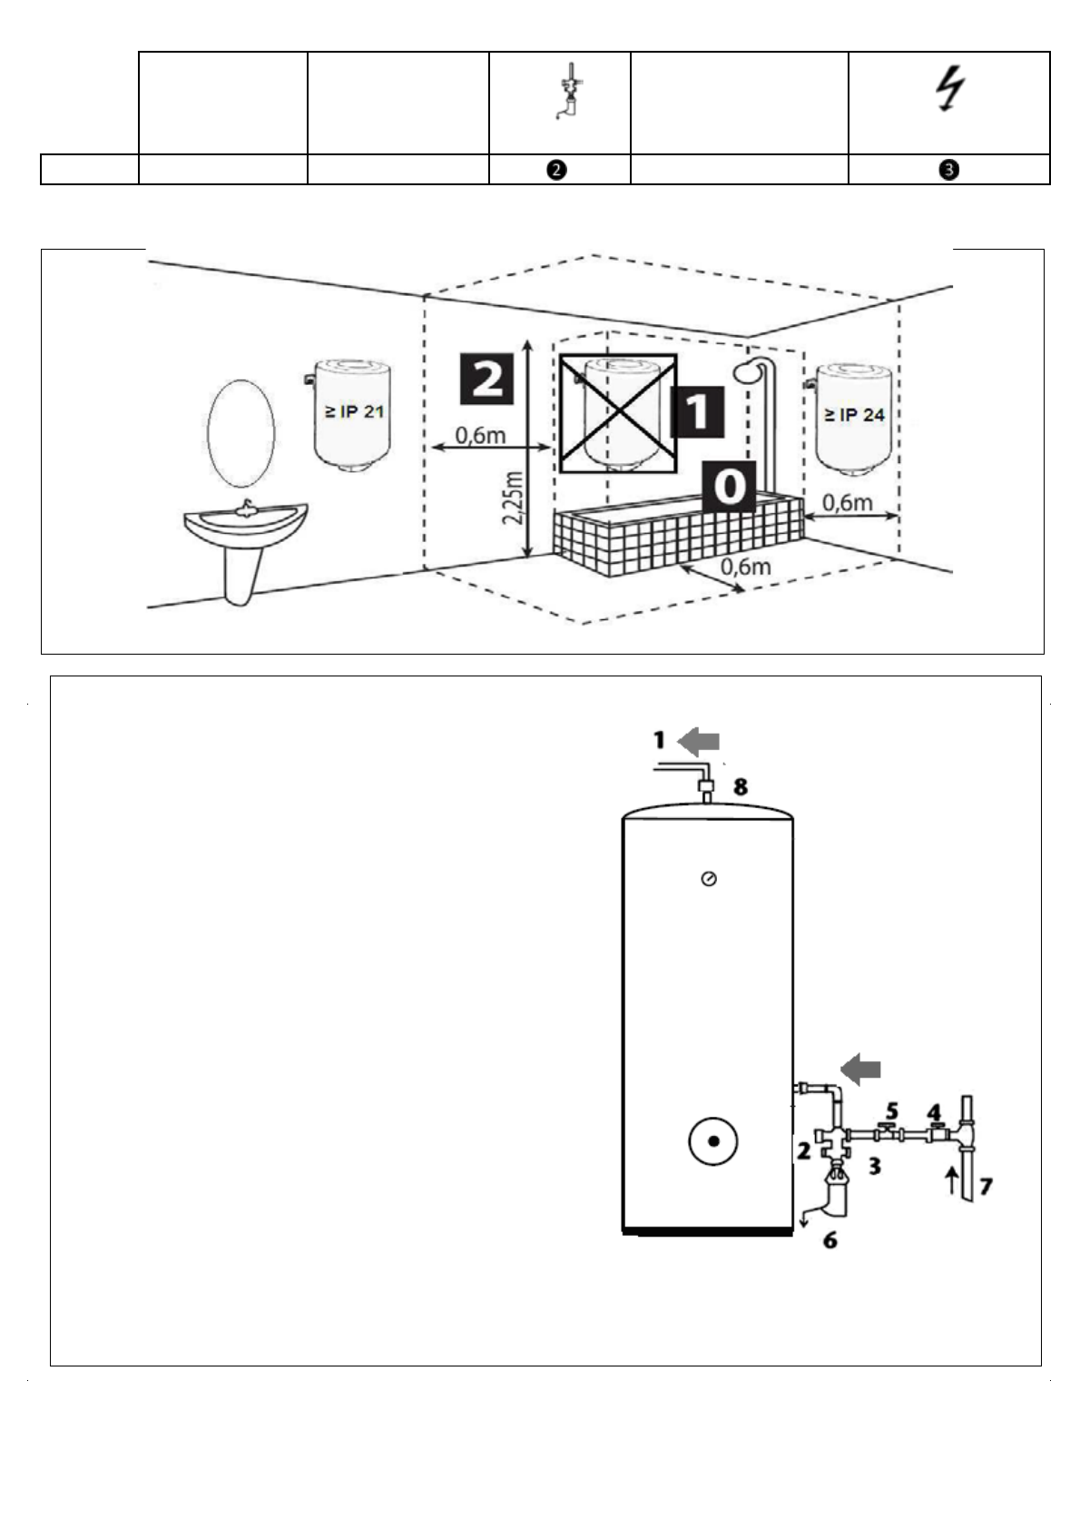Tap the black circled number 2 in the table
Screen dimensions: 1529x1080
559,170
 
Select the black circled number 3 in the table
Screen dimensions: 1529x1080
949,170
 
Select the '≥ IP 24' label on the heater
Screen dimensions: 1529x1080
854,415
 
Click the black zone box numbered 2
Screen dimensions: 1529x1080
487,378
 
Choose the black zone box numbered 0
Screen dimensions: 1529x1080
729,487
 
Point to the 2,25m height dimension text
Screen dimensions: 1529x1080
515,497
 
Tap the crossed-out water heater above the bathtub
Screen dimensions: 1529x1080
617,413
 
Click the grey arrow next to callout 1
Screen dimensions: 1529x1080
699,742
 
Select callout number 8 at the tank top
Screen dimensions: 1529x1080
741,787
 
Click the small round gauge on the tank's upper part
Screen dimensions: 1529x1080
709,879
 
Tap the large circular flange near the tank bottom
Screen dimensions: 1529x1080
712,1141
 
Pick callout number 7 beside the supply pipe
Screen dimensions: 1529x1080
986,1186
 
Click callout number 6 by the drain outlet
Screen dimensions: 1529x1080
830,1239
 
